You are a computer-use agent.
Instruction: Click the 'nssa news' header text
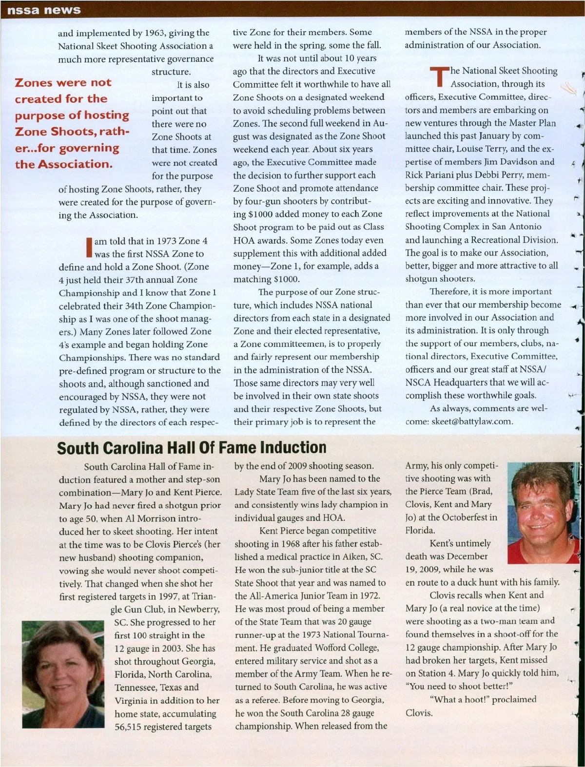pyautogui.click(x=44, y=10)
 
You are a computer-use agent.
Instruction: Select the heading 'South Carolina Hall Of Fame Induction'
pyautogui.click(x=192, y=447)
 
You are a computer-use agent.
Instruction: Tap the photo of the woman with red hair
pyautogui.click(x=63, y=673)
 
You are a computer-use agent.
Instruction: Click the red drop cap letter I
pyautogui.click(x=89, y=247)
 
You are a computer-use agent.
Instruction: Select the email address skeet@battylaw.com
pyautogui.click(x=472, y=422)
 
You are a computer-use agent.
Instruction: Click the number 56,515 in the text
pyautogui.click(x=134, y=727)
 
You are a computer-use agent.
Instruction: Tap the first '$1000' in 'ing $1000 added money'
pyautogui.click(x=261, y=214)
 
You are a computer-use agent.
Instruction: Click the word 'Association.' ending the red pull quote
pyautogui.click(x=75, y=164)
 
